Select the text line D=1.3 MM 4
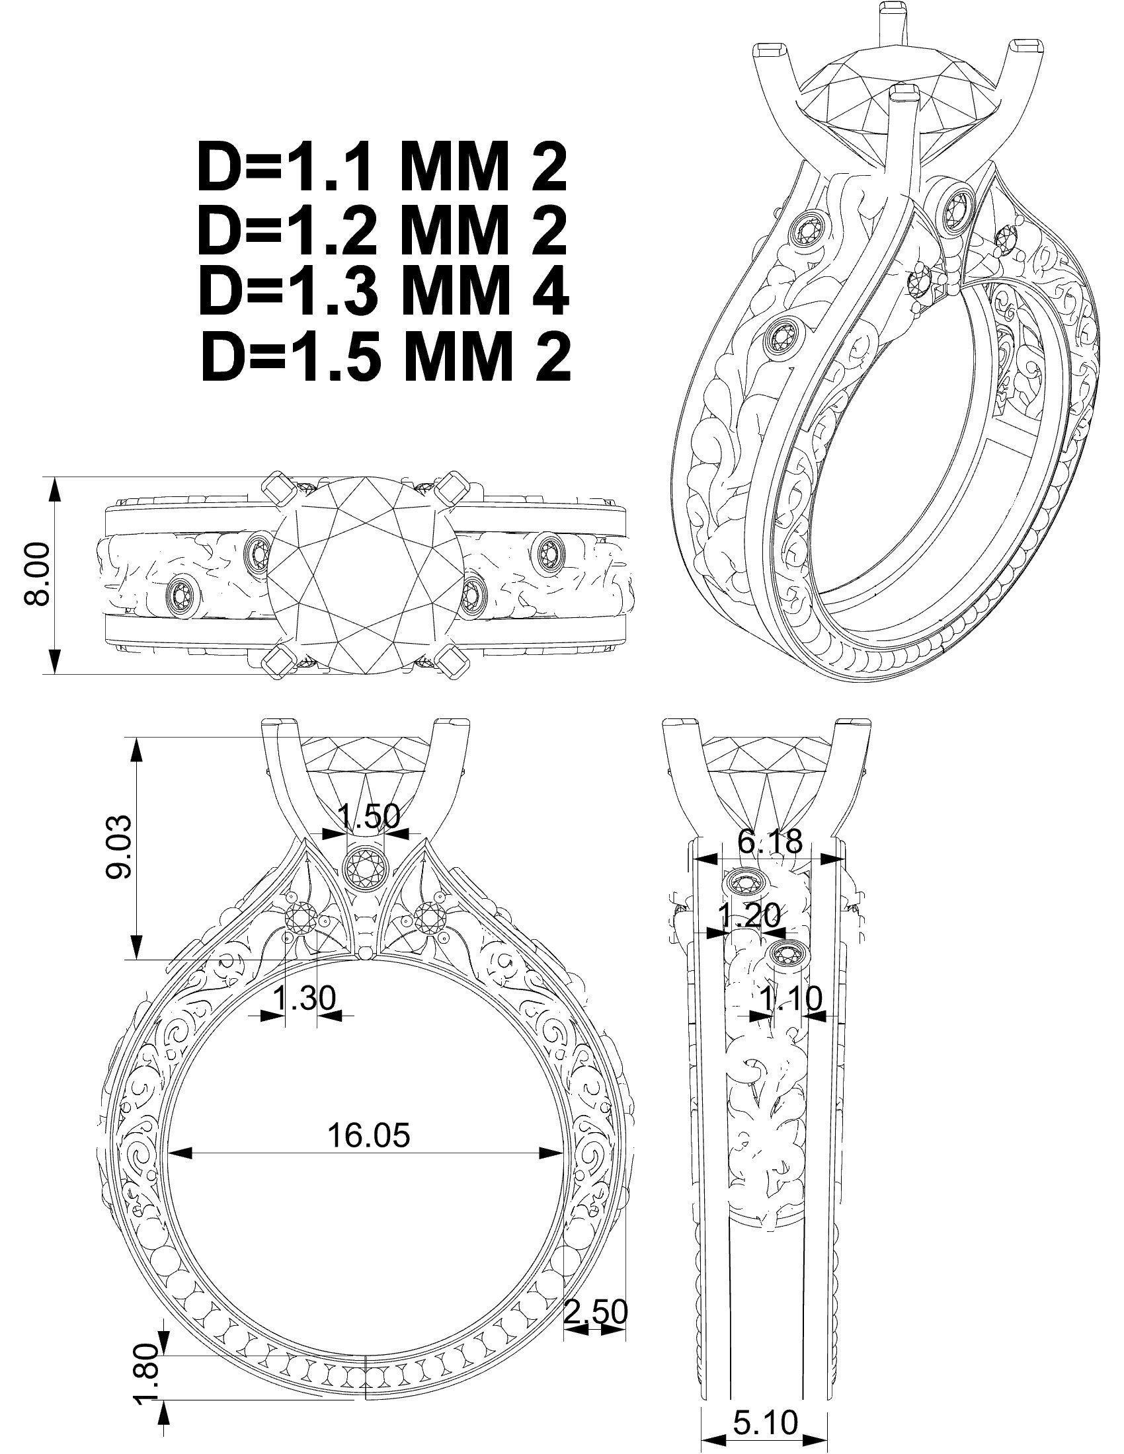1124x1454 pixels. pos(384,293)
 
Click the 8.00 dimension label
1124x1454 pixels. pos(37,574)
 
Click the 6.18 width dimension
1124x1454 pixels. pos(770,842)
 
